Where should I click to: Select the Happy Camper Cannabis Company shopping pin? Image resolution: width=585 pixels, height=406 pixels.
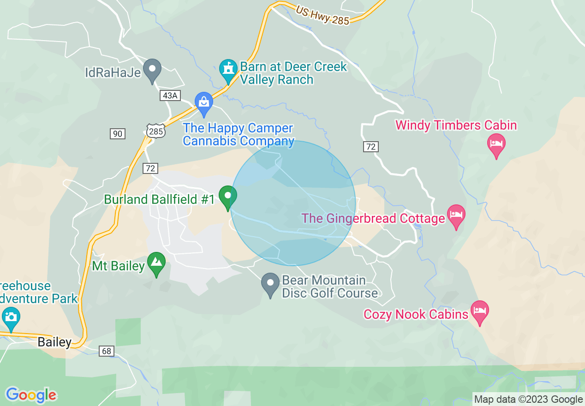[203, 102]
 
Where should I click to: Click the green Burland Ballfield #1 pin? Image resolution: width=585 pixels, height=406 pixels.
[227, 197]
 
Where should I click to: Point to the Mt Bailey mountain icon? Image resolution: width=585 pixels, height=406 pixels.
[156, 263]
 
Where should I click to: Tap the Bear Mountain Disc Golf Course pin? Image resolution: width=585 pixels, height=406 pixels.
[270, 284]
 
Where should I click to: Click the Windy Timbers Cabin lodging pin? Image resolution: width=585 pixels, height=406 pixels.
[496, 144]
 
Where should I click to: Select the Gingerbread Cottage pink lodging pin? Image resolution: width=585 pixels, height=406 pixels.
[456, 215]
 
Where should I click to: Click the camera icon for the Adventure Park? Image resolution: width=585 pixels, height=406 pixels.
[11, 318]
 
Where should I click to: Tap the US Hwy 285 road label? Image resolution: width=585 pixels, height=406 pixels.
[322, 16]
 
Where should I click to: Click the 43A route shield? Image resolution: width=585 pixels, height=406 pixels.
[169, 96]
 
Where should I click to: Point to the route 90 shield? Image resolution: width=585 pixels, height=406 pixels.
[118, 134]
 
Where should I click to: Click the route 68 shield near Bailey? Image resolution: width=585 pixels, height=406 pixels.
[107, 351]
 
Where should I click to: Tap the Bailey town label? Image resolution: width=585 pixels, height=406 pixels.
[54, 342]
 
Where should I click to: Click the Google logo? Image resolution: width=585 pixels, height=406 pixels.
[31, 395]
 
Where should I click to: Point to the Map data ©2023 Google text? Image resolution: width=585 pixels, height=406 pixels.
[528, 400]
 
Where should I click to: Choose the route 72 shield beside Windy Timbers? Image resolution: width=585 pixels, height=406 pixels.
[370, 147]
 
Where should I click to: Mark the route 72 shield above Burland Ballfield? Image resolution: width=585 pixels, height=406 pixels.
[150, 168]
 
